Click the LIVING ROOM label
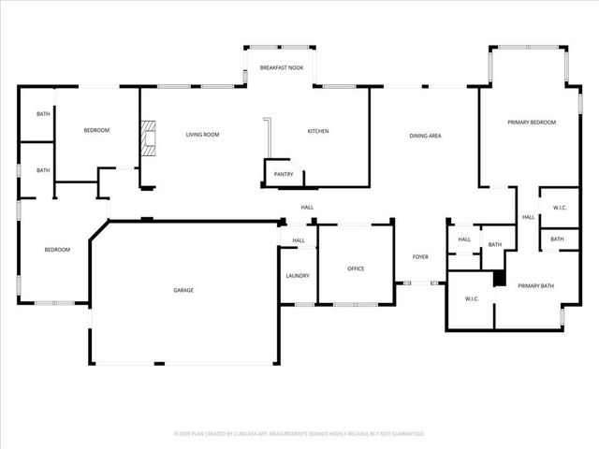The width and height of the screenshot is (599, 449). coord(202,135)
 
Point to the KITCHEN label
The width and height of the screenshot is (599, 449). coord(318,132)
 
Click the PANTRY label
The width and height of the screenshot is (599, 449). coord(284,174)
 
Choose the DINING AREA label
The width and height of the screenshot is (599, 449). coord(425,137)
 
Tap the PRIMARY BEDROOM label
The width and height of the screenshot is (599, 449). coord(532,123)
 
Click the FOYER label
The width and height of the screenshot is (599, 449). coord(421,256)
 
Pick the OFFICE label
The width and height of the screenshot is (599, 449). coord(356,269)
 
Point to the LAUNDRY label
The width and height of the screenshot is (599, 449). coord(298,276)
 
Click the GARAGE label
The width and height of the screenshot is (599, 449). coord(183,291)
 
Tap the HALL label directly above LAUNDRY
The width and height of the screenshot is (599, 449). coord(298,241)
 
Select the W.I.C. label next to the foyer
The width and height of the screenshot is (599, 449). coord(472,299)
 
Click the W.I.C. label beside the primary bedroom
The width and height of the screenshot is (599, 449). coord(560,208)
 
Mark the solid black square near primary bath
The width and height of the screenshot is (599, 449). coord(499,279)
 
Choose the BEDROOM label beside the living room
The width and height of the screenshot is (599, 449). coord(96,131)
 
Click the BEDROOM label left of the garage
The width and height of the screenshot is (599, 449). coord(57,250)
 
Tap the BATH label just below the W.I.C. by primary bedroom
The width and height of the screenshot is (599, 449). coord(557,239)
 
